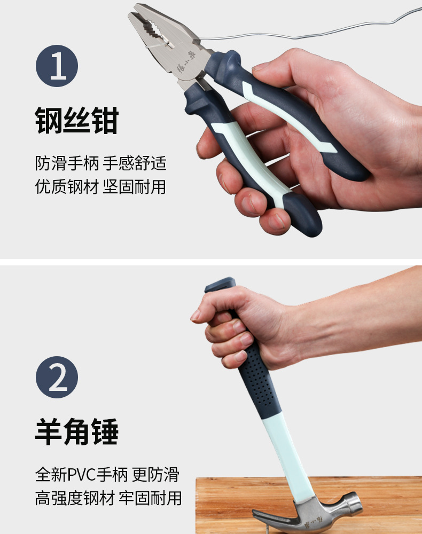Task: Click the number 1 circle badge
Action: click(57, 66)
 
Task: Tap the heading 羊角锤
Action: click(76, 431)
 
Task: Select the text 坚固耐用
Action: click(134, 186)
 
